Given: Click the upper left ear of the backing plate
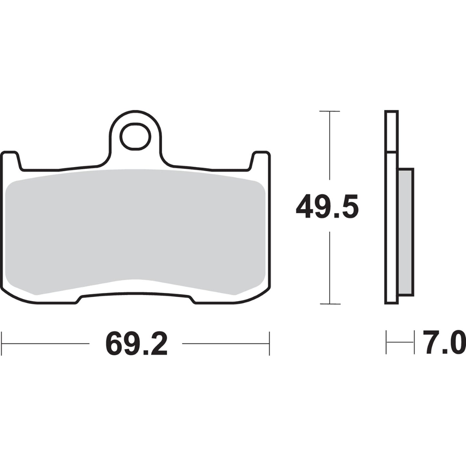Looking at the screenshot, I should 11,160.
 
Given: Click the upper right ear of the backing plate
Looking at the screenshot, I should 261,160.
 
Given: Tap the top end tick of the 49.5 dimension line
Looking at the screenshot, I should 329,111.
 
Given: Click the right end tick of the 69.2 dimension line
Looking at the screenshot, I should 269,343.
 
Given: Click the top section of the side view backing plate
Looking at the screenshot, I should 392,131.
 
